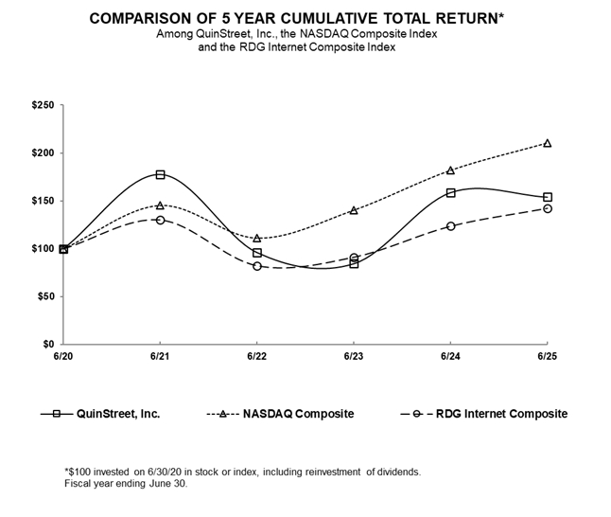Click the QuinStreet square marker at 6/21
[x=161, y=175]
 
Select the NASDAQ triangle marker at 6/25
[x=547, y=143]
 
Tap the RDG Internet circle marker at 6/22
[x=257, y=266]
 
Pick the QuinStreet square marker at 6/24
[x=450, y=192]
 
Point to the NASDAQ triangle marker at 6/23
[x=354, y=209]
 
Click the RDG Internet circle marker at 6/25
[x=547, y=208]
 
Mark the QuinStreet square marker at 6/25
[x=547, y=197]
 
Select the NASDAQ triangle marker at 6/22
[x=257, y=238]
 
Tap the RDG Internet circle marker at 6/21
[x=161, y=220]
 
